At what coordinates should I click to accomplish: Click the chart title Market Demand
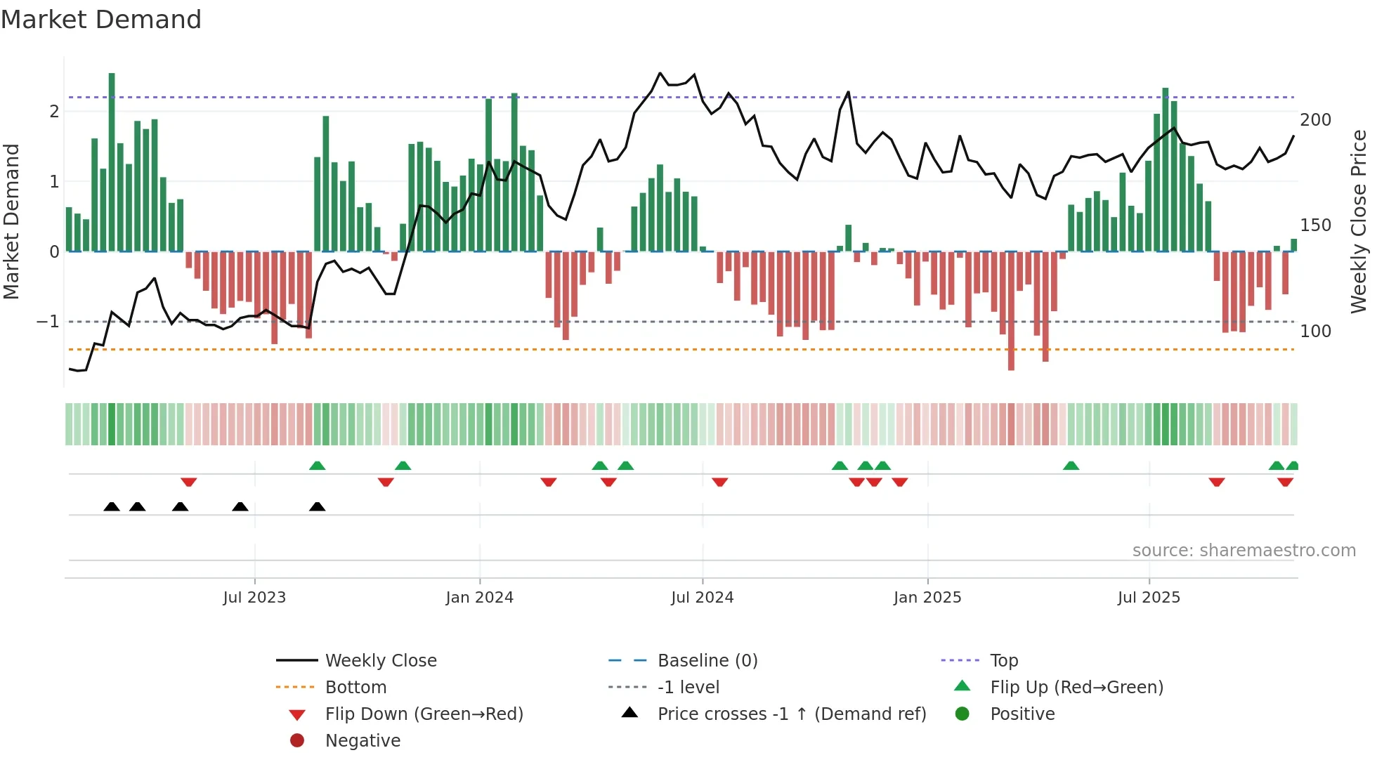(101, 20)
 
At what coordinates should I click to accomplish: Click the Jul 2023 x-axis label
(254, 598)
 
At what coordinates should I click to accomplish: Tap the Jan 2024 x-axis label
(480, 598)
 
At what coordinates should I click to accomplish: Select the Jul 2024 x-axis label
(703, 598)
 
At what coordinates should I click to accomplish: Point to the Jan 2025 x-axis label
(927, 598)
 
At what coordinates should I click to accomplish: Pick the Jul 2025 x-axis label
(1149, 598)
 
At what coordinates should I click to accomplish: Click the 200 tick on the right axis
(1315, 120)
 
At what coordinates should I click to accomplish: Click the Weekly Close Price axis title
(1359, 221)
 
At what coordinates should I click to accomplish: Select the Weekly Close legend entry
(381, 661)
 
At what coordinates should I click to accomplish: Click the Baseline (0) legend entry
(707, 661)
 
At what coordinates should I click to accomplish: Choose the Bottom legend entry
(355, 688)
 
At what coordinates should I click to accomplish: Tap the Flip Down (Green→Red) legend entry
(424, 714)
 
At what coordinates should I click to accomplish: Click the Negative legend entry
(363, 741)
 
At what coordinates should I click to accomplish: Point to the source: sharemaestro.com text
(1244, 551)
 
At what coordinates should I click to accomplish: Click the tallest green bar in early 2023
(112, 162)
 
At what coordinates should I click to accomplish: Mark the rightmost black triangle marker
(318, 506)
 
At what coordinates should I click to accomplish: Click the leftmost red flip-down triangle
(188, 482)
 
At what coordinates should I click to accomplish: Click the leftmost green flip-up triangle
(318, 466)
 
